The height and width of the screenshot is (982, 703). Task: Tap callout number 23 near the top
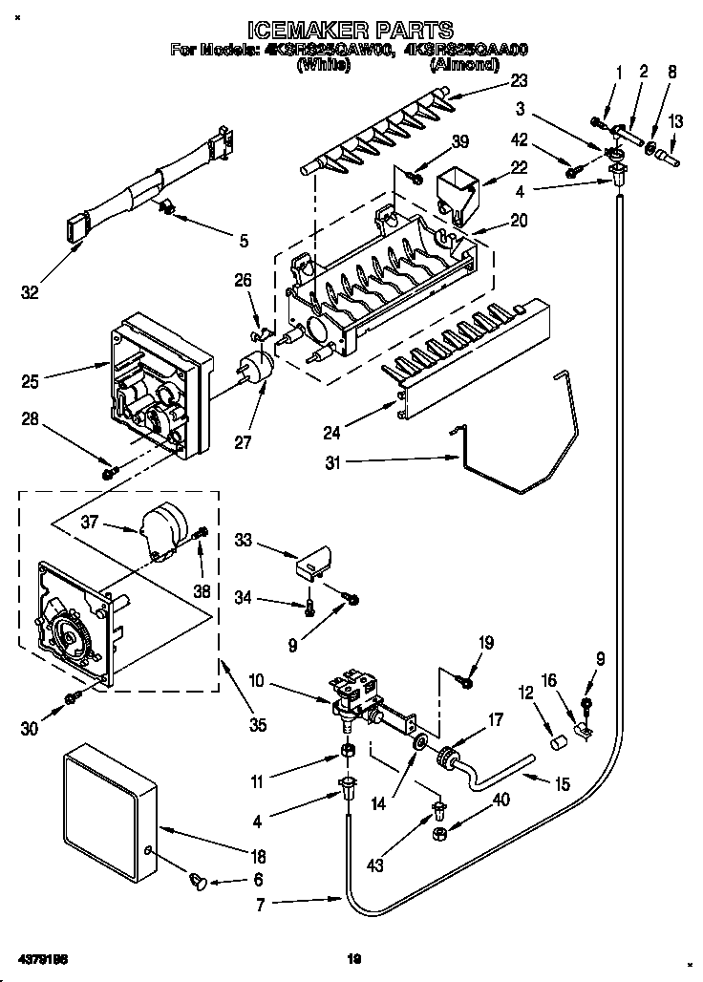click(x=519, y=81)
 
